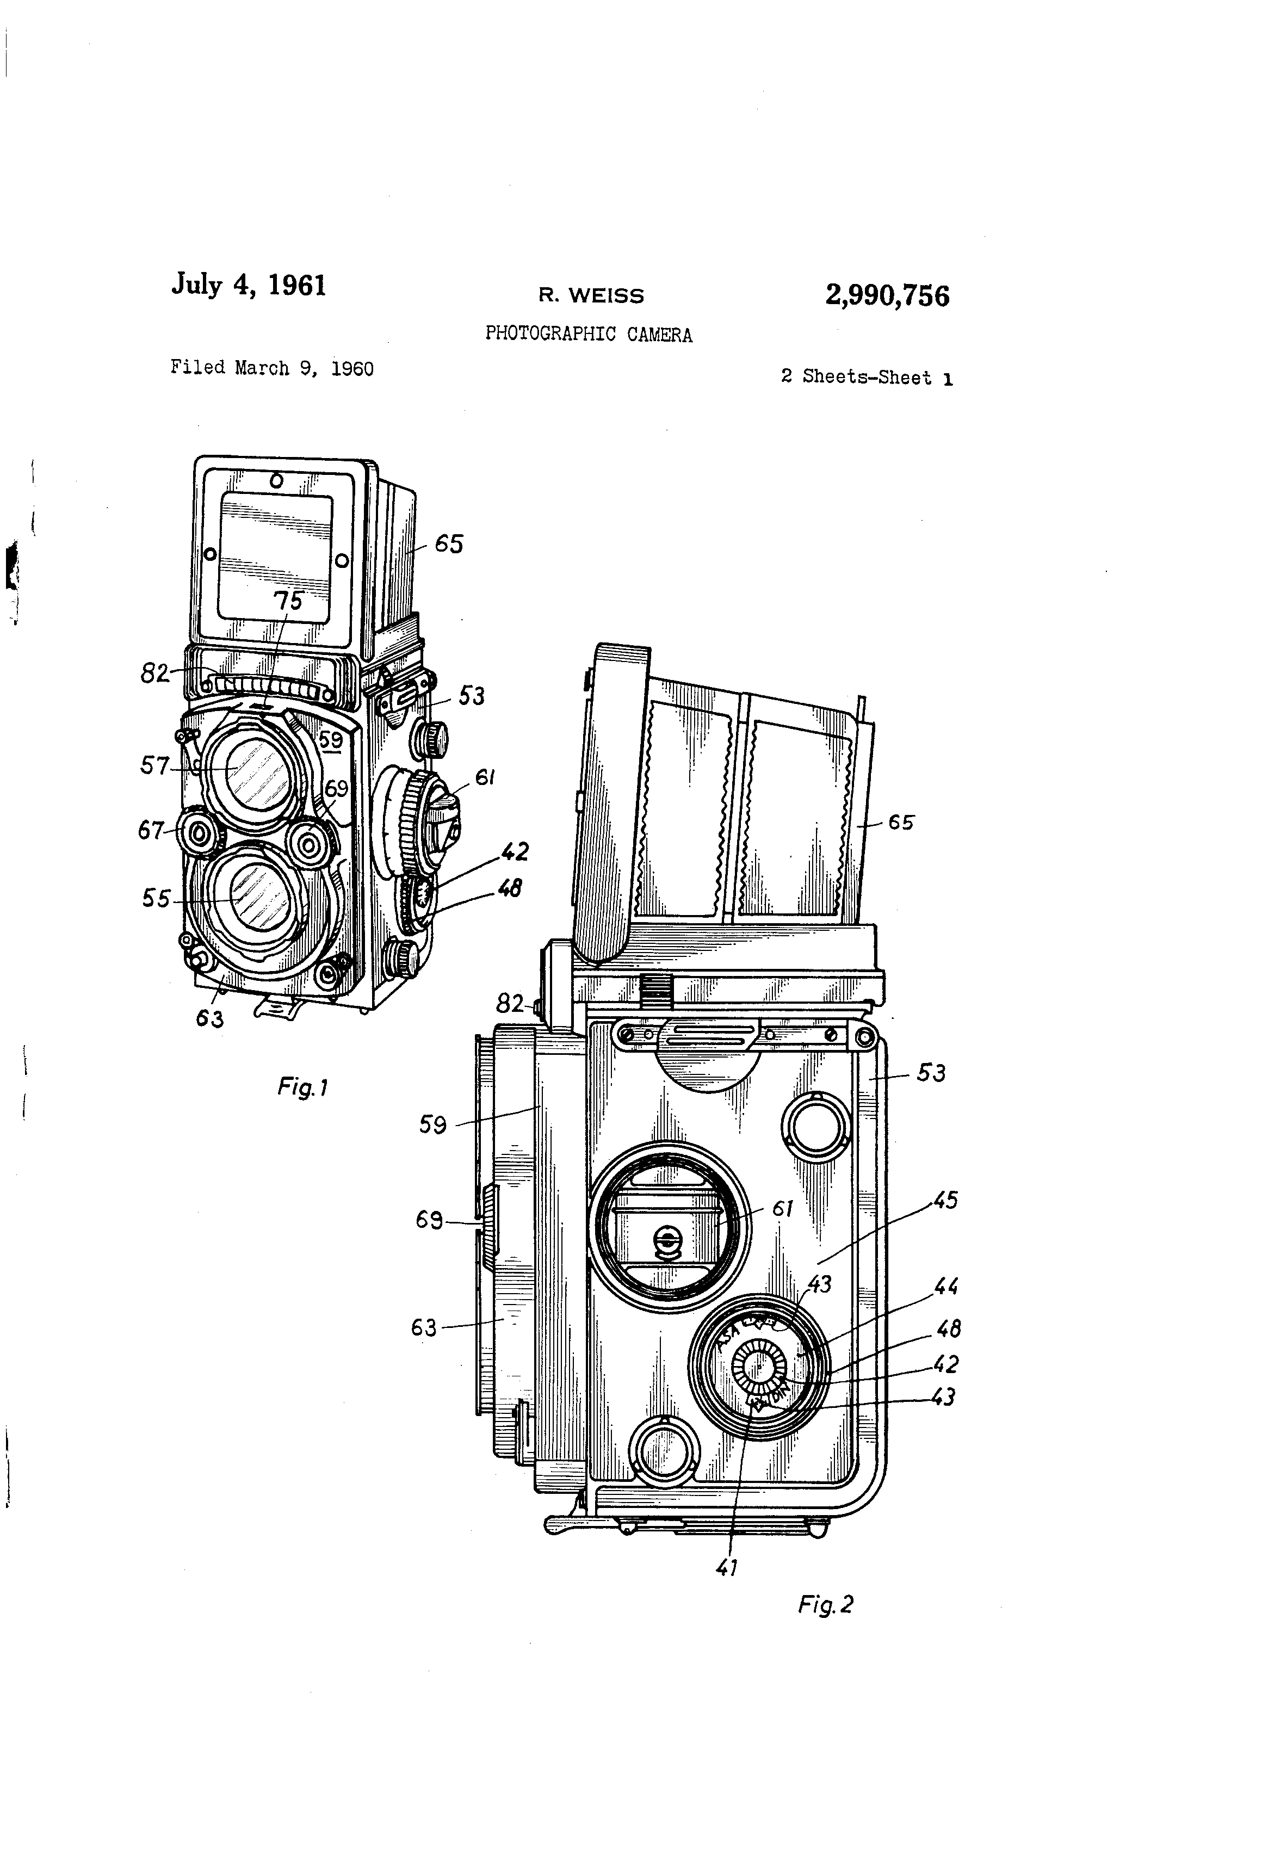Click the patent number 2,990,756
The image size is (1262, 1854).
click(x=887, y=296)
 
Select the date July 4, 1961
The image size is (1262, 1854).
click(x=249, y=285)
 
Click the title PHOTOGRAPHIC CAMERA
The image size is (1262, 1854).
click(x=589, y=334)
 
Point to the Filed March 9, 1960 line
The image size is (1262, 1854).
click(x=271, y=368)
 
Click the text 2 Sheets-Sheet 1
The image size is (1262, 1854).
click(x=867, y=378)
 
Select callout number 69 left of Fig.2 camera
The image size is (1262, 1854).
click(x=429, y=1220)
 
